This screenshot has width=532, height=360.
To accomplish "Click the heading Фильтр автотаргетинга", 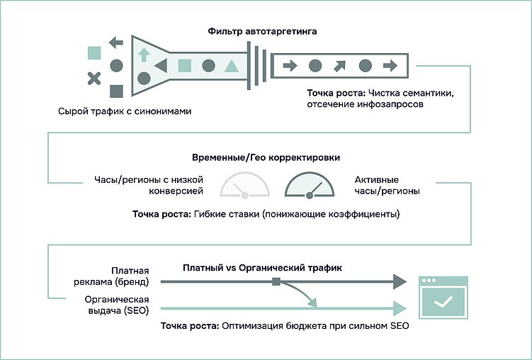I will tap(262, 32).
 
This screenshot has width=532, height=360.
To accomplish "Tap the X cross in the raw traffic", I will tap(94, 79).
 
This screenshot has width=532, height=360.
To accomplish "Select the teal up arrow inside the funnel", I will tap(143, 55).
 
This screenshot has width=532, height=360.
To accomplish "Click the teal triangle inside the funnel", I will tap(231, 67).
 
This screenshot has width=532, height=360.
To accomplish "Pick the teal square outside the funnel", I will tap(94, 52).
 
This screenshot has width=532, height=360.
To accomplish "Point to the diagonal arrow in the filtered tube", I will tap(340, 67).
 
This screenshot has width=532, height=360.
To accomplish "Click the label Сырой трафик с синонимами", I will tap(125, 112).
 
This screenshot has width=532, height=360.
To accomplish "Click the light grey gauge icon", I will tap(245, 185).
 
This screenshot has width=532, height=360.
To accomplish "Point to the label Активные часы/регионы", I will tap(386, 186).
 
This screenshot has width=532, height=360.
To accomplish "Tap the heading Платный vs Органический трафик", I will tap(262, 268).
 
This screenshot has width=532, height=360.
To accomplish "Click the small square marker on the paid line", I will tap(276, 282).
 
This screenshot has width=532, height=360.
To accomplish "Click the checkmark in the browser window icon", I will tap(443, 303).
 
